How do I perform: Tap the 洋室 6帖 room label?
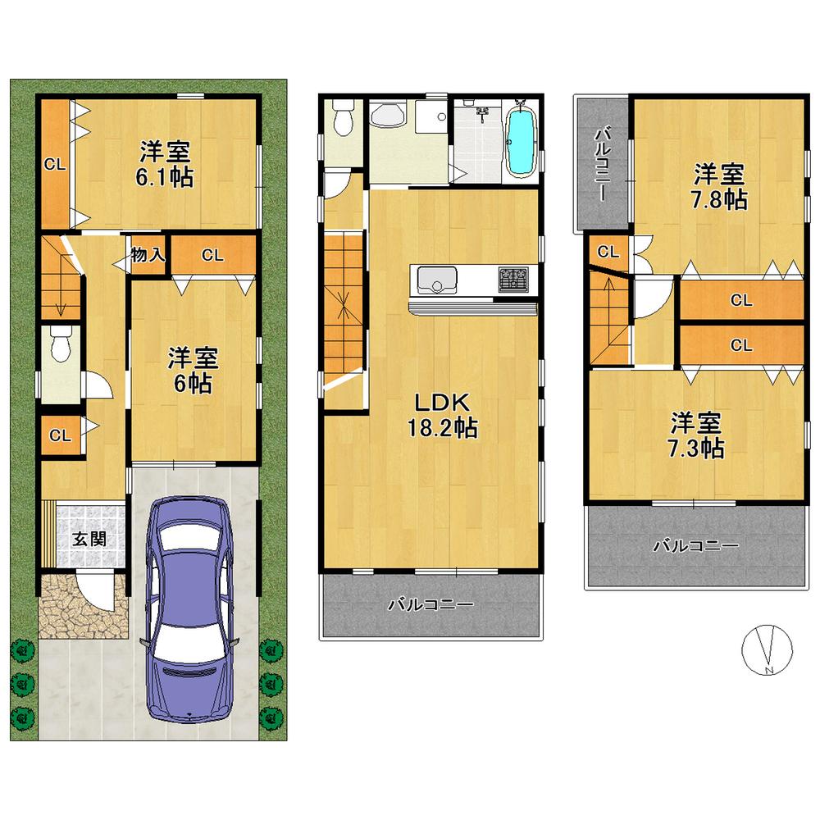(x=194, y=370)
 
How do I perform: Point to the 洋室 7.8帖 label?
(x=721, y=187)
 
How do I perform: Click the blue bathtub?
(x=520, y=141)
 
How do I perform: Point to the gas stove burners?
(x=514, y=280)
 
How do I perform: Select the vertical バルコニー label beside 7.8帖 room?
(x=601, y=164)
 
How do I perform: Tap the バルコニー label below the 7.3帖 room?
(x=696, y=545)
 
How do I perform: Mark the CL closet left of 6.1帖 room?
(x=55, y=164)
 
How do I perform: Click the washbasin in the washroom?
(x=385, y=116)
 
